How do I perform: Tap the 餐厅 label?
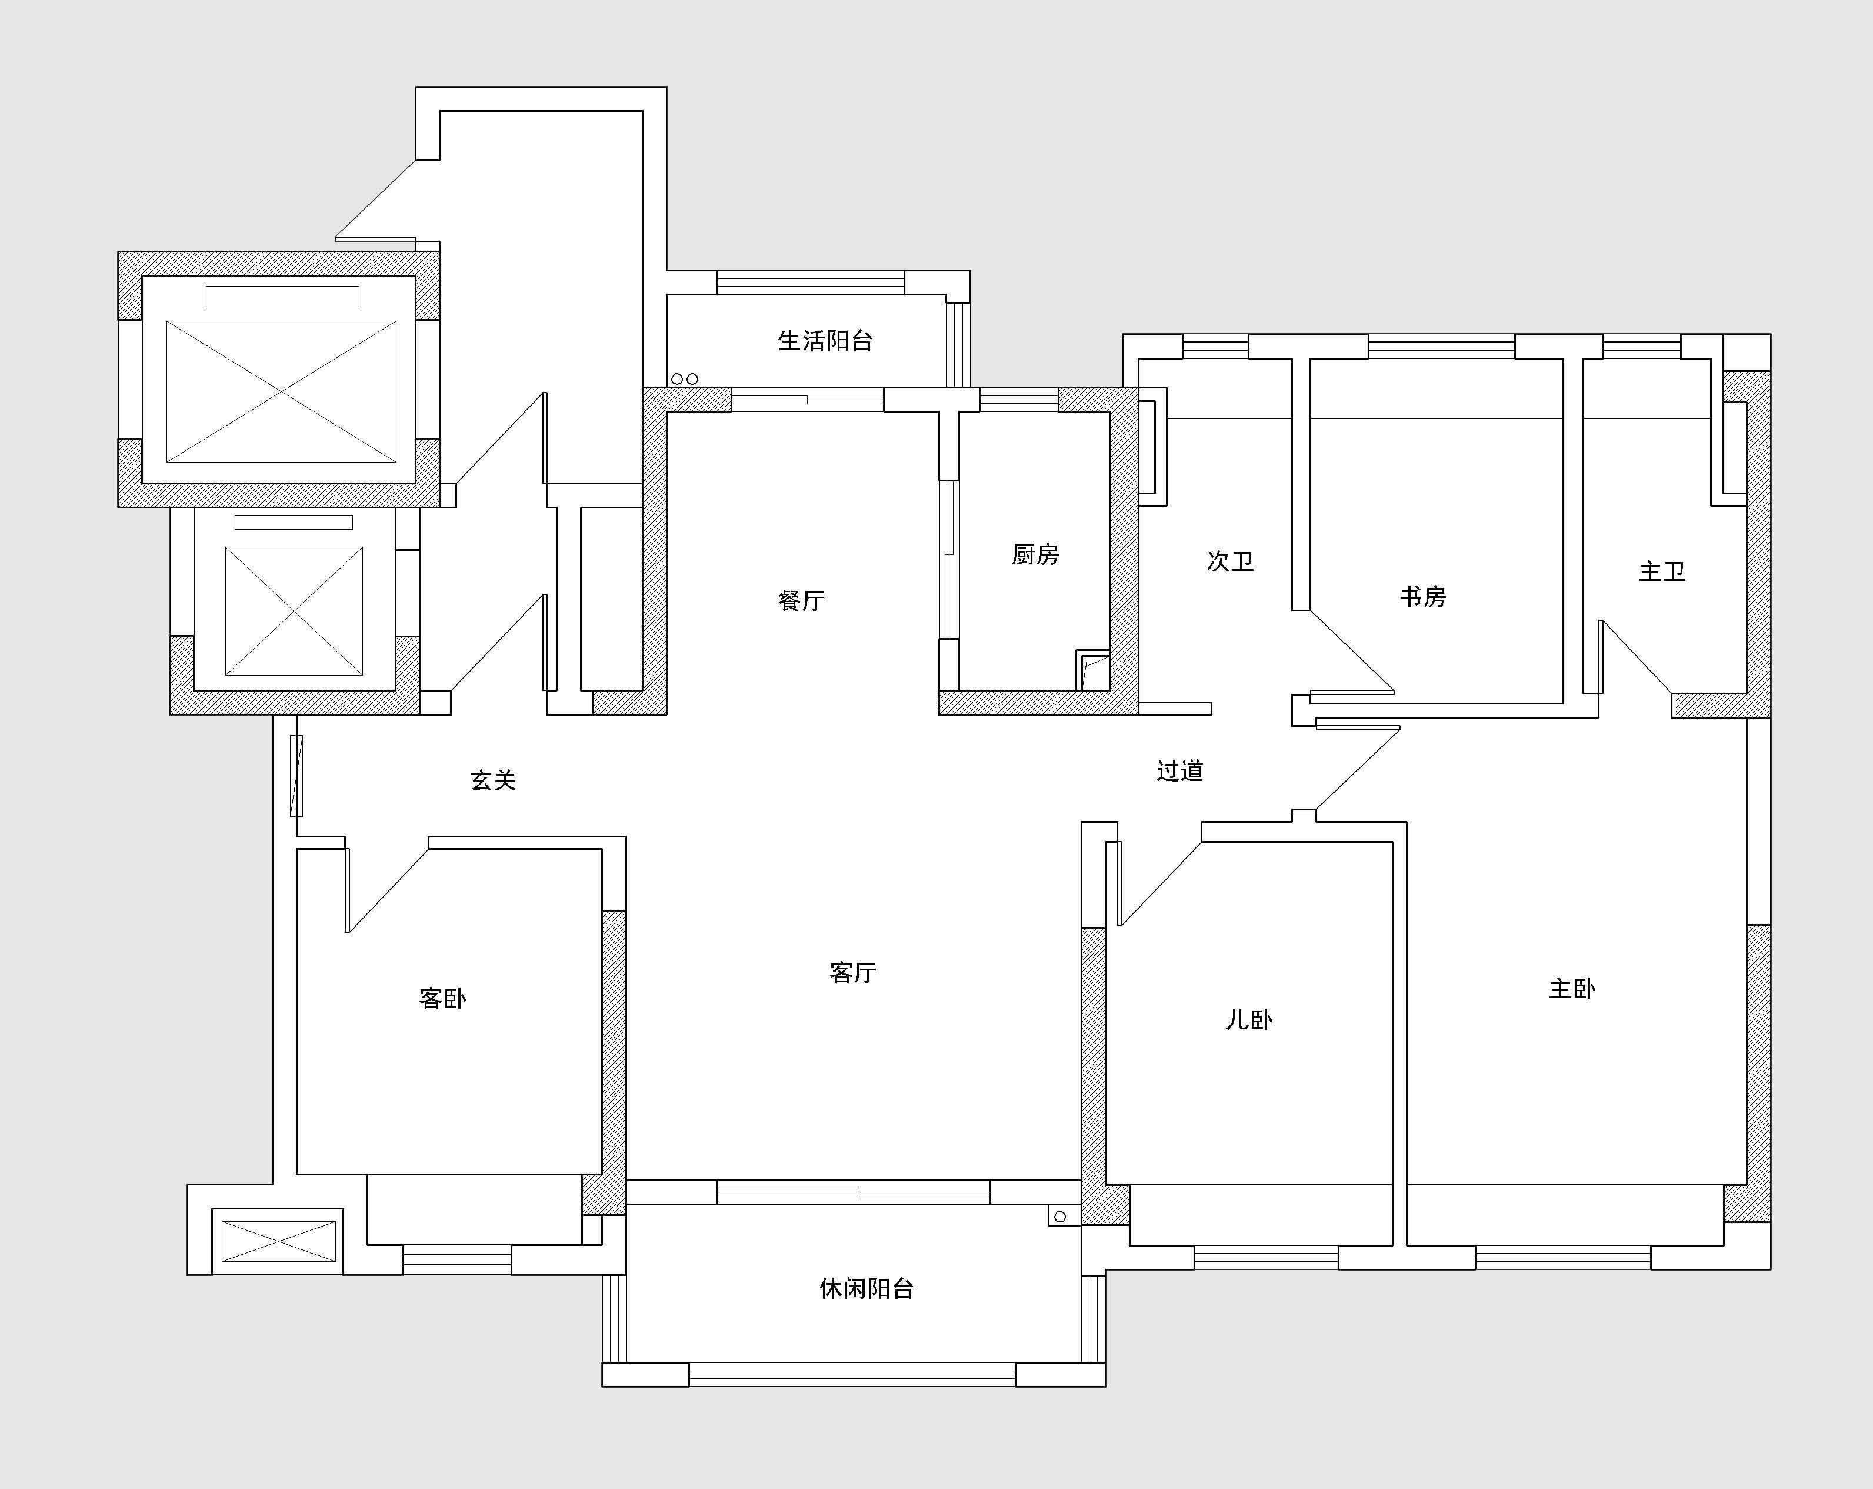801,600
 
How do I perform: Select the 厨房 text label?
1035,554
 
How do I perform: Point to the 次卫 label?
1230,561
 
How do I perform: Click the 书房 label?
1423,596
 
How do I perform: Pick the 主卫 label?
1662,571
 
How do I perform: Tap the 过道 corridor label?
1180,770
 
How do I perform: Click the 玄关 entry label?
494,780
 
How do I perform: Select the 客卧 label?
442,998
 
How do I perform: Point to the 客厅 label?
852,972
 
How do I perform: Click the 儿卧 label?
1249,1019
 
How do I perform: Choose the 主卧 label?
1572,988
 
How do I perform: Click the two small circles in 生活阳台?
685,379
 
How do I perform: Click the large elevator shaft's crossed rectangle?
281,392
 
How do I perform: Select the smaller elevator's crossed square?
294,611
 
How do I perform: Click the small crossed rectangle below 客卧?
279,1241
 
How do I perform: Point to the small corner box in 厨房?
1093,669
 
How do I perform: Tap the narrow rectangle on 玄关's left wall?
296,775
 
